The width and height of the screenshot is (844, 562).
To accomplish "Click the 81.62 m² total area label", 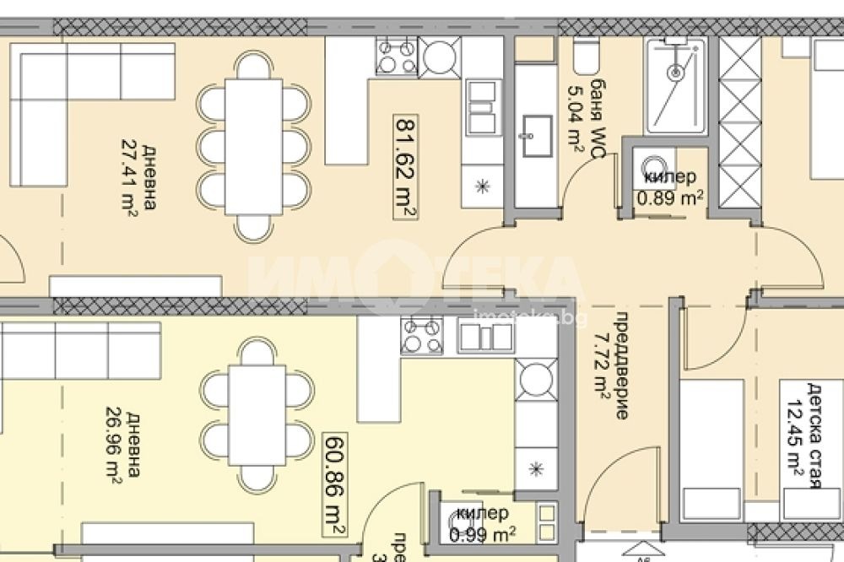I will (x=404, y=166).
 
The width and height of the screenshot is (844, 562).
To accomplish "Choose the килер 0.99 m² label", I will (x=482, y=523).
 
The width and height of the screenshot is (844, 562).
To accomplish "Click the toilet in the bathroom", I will (x=584, y=57).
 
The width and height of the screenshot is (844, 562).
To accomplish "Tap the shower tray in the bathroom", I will (x=675, y=85).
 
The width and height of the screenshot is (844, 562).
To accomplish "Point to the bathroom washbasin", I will (x=535, y=137).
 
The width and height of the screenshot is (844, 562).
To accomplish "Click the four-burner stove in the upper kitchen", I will (x=397, y=57).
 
